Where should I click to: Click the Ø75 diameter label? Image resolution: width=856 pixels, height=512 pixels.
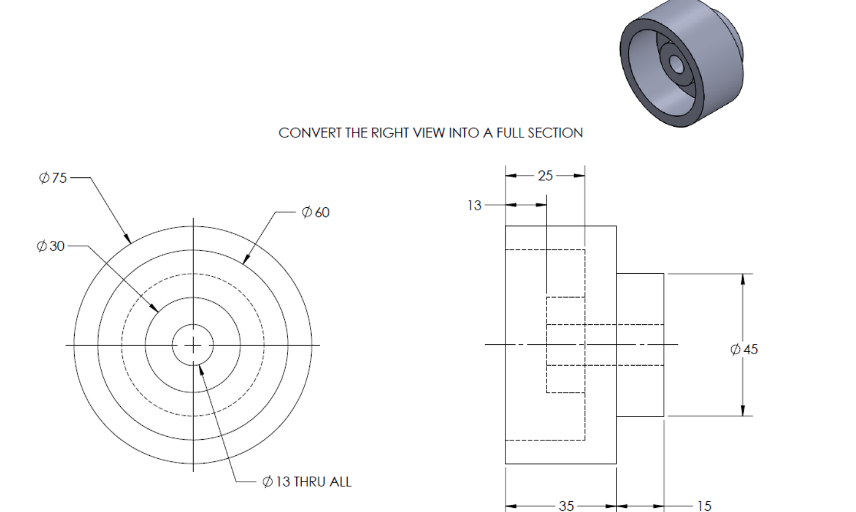point(53,177)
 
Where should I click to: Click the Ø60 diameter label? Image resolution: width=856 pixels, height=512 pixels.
point(315,212)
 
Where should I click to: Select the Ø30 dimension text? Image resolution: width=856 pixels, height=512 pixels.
point(51,246)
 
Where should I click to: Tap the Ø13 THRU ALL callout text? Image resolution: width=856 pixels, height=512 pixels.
point(307,482)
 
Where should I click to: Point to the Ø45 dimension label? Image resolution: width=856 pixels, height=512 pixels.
point(744,349)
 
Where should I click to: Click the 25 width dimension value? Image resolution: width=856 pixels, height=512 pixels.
point(545,176)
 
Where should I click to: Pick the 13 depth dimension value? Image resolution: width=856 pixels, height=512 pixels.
point(474,206)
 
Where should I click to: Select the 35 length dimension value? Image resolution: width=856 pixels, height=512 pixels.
point(566,506)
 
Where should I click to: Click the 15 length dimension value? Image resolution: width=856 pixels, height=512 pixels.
point(704,506)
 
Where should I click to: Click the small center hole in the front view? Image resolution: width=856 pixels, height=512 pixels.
point(193,345)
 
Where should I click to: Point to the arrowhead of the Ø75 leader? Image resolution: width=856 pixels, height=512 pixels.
point(128,239)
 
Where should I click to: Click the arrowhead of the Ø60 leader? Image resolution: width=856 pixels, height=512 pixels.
point(245,259)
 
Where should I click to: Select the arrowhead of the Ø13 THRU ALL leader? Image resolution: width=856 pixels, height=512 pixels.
point(201,369)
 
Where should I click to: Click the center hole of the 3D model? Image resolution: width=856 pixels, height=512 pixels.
point(676,63)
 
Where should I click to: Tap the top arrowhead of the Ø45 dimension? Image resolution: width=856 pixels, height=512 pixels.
point(743,279)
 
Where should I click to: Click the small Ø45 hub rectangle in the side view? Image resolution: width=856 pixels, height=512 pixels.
point(640,345)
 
